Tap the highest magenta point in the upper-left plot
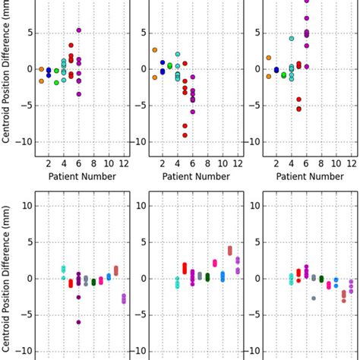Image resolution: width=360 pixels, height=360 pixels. point(79,30)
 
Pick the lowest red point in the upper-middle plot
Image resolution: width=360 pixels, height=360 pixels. point(185,135)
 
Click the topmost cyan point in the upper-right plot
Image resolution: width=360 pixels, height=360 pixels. point(291,38)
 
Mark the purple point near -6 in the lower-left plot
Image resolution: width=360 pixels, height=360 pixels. point(78,322)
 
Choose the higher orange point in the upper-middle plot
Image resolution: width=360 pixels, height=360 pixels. point(154,50)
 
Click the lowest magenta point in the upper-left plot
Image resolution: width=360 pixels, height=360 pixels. point(79,94)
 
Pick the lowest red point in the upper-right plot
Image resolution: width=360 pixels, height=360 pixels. point(298,109)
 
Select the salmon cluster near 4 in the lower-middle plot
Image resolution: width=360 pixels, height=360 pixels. point(230,250)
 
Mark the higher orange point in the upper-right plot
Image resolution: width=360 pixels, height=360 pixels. point(268,58)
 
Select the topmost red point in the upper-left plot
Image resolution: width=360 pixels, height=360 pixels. point(71,46)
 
